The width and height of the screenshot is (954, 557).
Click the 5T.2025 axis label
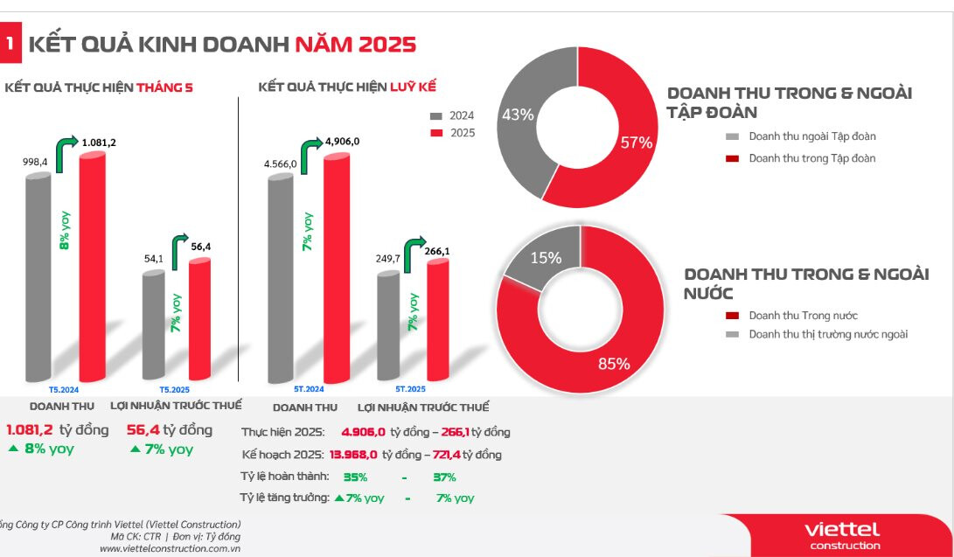pyautogui.click(x=410, y=388)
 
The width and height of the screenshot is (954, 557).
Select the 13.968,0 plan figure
pyautogui.click(x=353, y=455)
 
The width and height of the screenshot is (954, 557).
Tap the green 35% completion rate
pyautogui.click(x=355, y=477)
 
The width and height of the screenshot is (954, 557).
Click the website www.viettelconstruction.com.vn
pyautogui.click(x=170, y=548)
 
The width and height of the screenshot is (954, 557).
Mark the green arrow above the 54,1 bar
pyautogui.click(x=180, y=249)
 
